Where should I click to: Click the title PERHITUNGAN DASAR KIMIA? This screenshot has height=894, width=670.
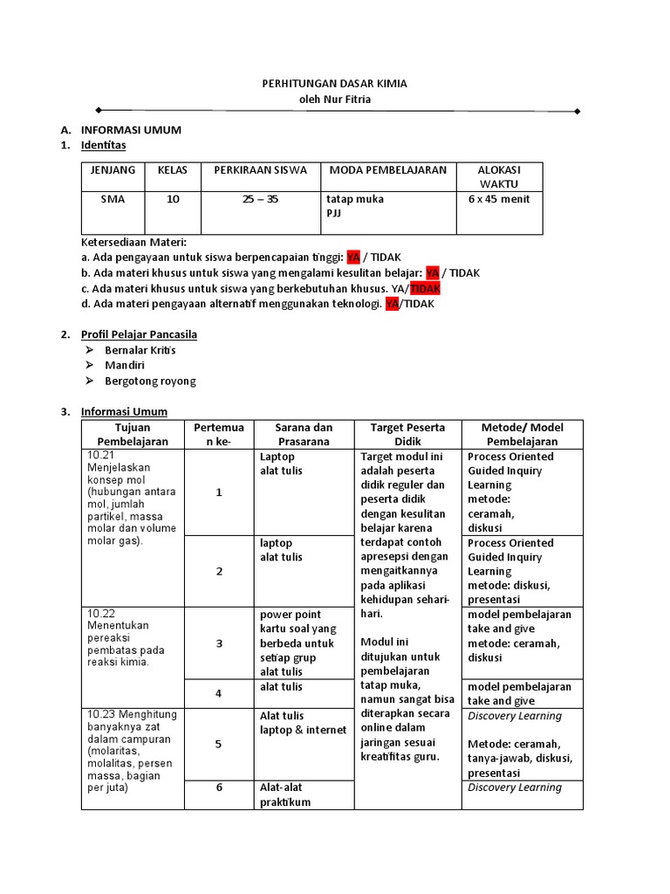click(335, 83)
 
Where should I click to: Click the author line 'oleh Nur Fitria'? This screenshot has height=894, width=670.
click(335, 99)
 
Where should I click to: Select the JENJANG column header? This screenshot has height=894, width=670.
click(113, 170)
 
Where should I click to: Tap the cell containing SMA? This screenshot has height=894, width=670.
click(113, 199)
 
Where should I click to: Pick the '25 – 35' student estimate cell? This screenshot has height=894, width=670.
click(260, 199)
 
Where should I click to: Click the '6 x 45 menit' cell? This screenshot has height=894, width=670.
click(499, 199)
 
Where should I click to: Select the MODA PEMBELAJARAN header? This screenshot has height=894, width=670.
click(387, 170)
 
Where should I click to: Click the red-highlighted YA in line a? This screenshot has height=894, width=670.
click(353, 258)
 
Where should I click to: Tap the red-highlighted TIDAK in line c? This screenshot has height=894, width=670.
click(426, 289)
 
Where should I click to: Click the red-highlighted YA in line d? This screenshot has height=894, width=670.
click(392, 305)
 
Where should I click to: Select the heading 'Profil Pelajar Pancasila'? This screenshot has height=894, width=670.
click(139, 334)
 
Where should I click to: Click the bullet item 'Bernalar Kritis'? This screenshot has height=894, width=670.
click(140, 350)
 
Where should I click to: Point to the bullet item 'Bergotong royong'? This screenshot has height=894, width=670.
click(150, 382)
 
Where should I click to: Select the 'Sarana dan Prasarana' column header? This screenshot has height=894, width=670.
click(304, 435)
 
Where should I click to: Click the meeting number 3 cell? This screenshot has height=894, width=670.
click(219, 643)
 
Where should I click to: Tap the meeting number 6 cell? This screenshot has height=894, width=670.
click(219, 787)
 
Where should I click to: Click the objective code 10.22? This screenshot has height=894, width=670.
click(100, 614)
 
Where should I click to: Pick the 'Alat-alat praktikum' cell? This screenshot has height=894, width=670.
click(284, 794)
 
